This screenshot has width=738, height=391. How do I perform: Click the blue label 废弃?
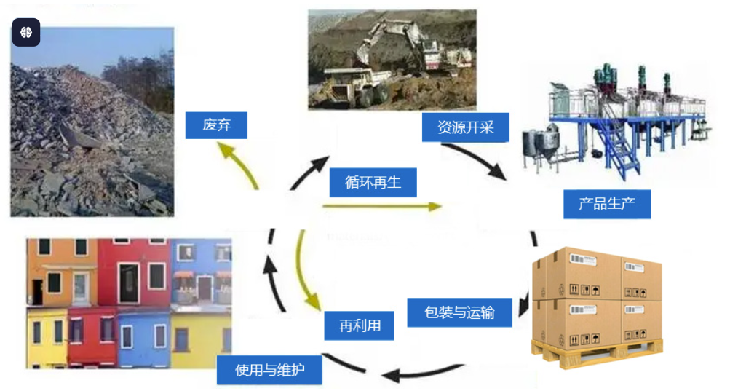[216, 125]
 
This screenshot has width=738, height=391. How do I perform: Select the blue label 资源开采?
[465, 127]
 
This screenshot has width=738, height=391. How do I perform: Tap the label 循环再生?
[373, 182]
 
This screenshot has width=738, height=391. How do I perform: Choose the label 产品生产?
[606, 203]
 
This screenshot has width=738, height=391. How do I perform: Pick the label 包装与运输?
[459, 312]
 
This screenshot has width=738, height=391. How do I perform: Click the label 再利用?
[360, 325]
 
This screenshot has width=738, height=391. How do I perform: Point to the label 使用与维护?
[269, 370]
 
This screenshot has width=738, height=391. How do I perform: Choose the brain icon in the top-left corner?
[26, 33]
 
